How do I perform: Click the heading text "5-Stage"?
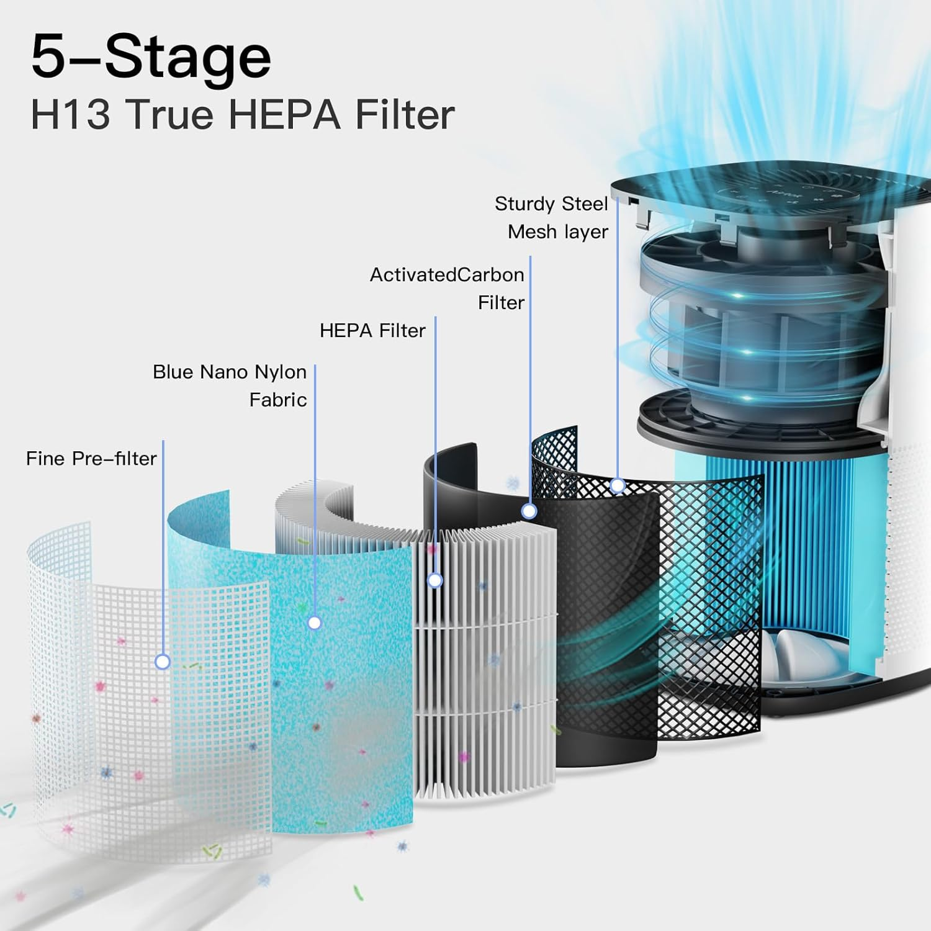coord(151,58)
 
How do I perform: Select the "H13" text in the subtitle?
coord(70,115)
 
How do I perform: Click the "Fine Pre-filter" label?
coord(91,459)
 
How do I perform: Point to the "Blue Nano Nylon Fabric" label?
coord(230,385)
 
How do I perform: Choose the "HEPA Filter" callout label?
coord(372,331)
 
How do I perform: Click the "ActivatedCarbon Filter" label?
coord(447,288)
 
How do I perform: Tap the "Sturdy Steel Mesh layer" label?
coord(551,217)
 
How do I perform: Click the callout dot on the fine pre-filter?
coord(163,662)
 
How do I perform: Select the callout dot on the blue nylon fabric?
coord(315,623)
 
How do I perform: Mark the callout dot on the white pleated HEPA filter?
coord(435,580)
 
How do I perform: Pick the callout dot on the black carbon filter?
coord(529,511)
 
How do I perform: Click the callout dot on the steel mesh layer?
coord(618,485)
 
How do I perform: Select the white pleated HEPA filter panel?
coord(484,670)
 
